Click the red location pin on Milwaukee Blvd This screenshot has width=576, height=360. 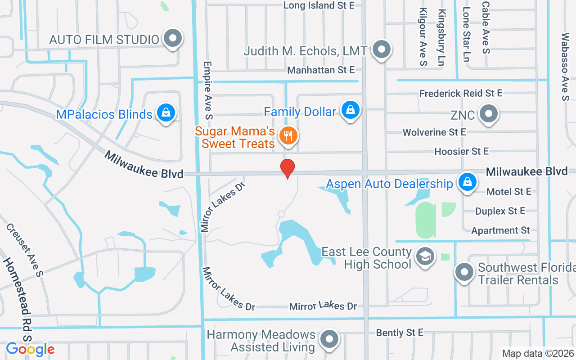(x=288, y=168)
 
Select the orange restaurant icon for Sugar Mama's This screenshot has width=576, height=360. (x=288, y=135)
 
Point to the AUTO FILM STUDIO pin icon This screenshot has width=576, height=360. (x=172, y=39)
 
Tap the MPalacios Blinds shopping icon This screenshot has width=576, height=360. (x=166, y=113)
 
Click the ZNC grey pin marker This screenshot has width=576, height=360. (x=488, y=114)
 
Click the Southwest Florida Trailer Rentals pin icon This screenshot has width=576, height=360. (x=464, y=272)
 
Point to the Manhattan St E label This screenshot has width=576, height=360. (x=321, y=70)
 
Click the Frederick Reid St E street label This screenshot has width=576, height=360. (x=461, y=93)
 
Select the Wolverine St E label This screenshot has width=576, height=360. (x=434, y=132)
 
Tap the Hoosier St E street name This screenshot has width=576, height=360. (x=461, y=152)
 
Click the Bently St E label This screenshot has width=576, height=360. (x=400, y=333)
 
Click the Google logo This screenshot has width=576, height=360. (x=30, y=349)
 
